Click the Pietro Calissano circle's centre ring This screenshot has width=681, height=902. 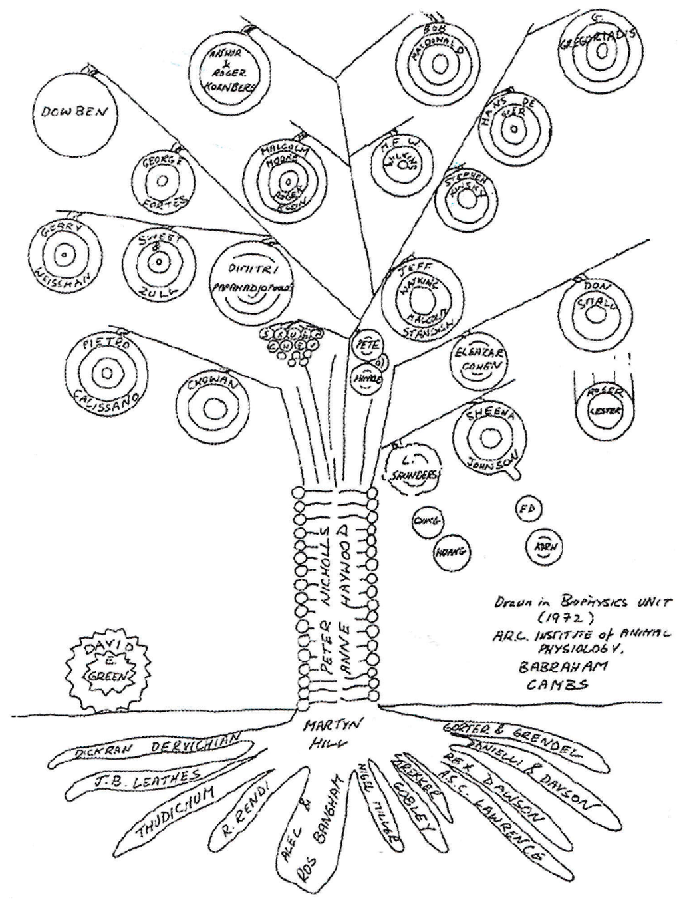[106, 373]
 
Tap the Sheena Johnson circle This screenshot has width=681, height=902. [491, 438]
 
